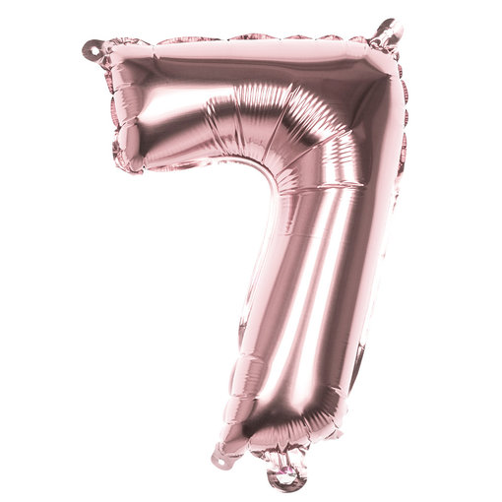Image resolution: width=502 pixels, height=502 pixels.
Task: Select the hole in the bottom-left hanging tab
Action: [x=225, y=457]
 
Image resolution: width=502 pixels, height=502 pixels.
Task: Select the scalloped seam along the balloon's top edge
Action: [x=246, y=39]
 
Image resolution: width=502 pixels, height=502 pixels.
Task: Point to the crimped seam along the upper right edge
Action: [x=399, y=128]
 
